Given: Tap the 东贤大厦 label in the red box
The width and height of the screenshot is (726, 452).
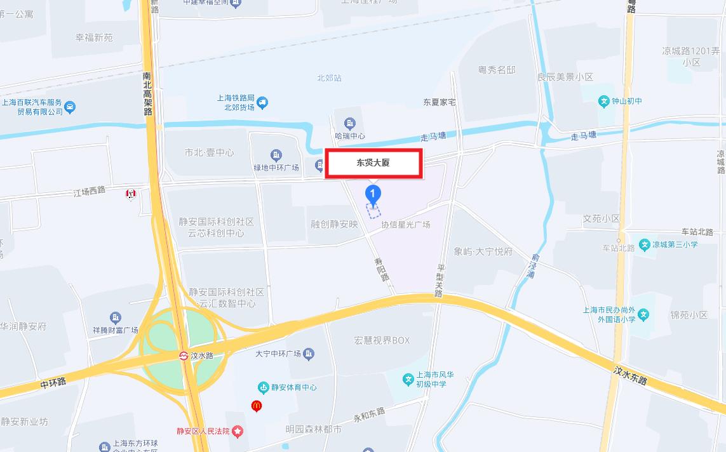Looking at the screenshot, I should [373, 163].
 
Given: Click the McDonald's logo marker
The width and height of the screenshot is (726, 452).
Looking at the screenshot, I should [257, 405].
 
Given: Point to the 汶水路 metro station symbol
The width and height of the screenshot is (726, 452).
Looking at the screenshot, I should [184, 356].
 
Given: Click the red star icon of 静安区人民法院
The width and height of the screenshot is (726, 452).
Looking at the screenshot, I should [238, 432].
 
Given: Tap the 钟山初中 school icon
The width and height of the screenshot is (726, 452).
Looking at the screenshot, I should [604, 101].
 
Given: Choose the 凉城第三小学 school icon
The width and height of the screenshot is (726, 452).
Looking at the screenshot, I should [645, 244].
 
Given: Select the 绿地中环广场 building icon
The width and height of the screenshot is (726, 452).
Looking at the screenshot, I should [276, 156].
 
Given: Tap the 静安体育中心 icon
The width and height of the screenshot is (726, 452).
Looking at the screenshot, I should [263, 387].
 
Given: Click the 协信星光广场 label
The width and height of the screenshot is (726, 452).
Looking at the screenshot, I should [405, 225].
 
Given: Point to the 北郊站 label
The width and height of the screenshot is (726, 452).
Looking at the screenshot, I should [329, 78].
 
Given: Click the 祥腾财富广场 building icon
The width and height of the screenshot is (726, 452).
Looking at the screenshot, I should [115, 317].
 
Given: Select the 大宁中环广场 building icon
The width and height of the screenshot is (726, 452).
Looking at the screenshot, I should [309, 354].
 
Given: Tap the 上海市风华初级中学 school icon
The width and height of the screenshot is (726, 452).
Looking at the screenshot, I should [408, 380].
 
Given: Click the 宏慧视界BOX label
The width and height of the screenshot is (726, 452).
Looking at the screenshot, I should [382, 340].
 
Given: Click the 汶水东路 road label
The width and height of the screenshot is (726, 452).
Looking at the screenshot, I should [630, 375].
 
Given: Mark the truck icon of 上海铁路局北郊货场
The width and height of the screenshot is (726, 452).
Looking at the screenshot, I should [263, 102].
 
